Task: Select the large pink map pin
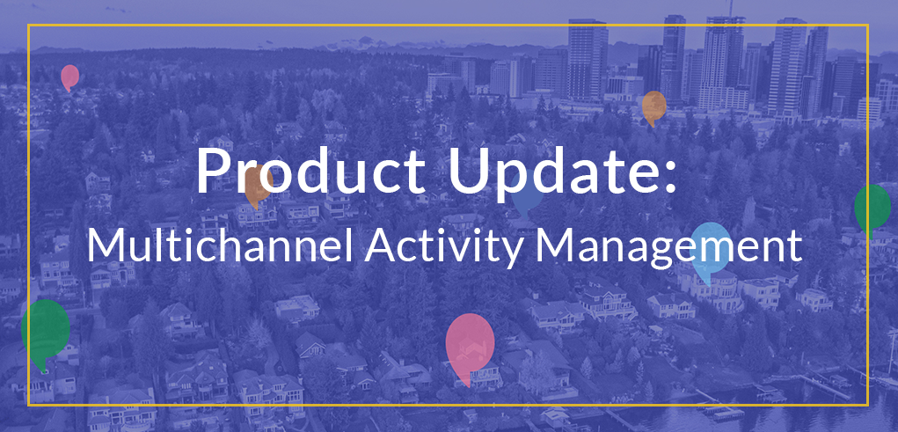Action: click(x=470, y=343)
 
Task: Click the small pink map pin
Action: click(x=69, y=77)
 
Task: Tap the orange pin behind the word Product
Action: click(x=257, y=185)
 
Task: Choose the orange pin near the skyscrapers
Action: click(x=653, y=106)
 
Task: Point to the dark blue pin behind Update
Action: click(x=526, y=198)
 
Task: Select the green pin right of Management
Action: click(x=872, y=207)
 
